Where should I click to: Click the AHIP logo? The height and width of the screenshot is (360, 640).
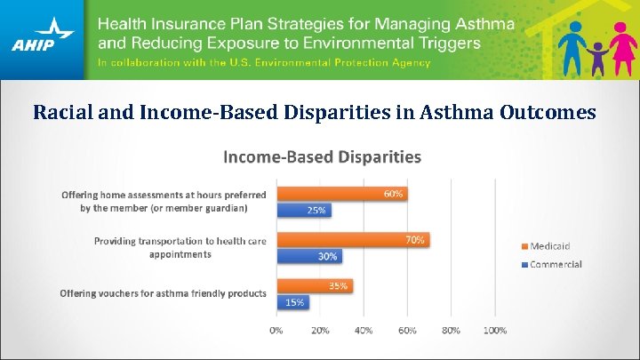tap(43, 39)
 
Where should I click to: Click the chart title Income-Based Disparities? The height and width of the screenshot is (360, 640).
tap(322, 157)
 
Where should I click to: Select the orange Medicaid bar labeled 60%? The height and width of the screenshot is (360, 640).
tap(341, 194)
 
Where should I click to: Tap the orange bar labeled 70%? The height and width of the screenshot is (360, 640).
tap(353, 239)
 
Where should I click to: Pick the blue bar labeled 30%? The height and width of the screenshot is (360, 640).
tap(309, 256)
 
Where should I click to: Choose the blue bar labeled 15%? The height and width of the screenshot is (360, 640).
tap(292, 302)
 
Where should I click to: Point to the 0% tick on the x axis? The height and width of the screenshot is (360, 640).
tap(276, 330)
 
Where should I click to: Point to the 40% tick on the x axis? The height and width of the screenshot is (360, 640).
tap(364, 330)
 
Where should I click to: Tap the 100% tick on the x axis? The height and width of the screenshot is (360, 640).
tap(494, 330)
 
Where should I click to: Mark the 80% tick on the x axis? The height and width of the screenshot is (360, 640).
tap(451, 330)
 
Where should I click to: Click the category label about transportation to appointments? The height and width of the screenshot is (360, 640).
tap(180, 247)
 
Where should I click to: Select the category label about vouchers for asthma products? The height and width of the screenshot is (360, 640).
tap(163, 293)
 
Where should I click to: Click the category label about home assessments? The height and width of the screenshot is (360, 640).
tap(164, 201)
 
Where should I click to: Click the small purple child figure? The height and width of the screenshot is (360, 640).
tap(596, 58)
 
